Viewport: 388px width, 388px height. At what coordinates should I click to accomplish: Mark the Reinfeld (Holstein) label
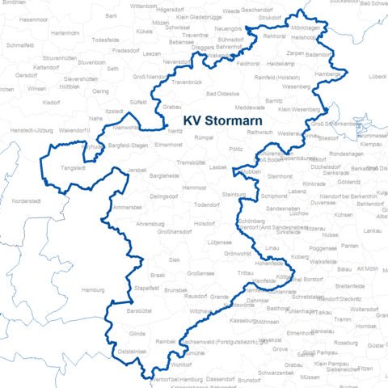(276, 77)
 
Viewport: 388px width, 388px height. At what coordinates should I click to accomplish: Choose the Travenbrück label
(187, 82)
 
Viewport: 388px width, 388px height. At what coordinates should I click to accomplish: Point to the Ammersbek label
(128, 208)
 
